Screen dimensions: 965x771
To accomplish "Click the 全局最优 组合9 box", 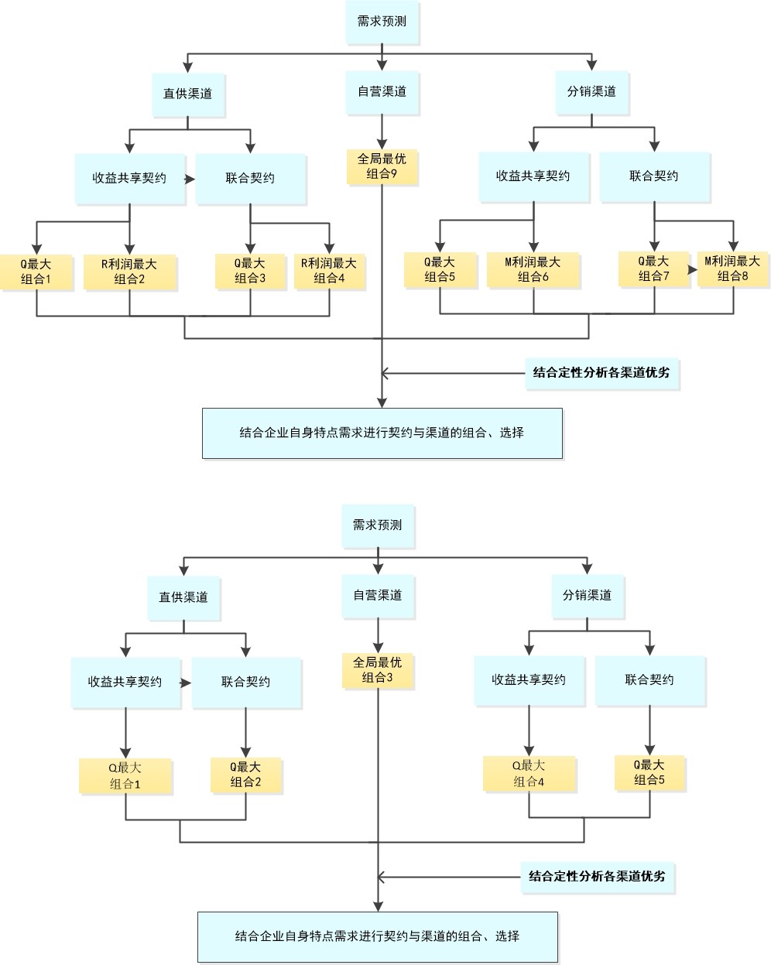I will [x=382, y=167].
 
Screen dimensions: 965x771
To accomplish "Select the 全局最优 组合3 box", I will [x=378, y=671].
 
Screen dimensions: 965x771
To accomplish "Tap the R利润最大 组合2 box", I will [x=129, y=272].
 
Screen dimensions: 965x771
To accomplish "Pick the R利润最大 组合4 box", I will [x=330, y=272].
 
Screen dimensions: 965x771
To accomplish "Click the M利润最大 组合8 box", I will [x=732, y=269].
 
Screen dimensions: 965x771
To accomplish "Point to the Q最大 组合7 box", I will [x=653, y=269].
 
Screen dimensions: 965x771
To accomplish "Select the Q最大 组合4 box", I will [x=529, y=774].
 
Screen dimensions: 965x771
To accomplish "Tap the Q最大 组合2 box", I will [x=245, y=775].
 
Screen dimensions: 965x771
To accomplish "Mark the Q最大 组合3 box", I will [x=250, y=271].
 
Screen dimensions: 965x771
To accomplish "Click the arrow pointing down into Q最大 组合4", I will [x=529, y=748].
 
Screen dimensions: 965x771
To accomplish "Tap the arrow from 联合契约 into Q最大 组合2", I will [x=245, y=749].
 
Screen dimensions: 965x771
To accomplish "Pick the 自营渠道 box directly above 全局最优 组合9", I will [x=382, y=92].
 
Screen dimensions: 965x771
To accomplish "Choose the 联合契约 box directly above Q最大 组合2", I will [x=246, y=682].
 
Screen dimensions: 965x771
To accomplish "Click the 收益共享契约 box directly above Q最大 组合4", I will [x=529, y=680].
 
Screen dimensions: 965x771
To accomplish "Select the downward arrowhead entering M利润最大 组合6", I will [x=533, y=244].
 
